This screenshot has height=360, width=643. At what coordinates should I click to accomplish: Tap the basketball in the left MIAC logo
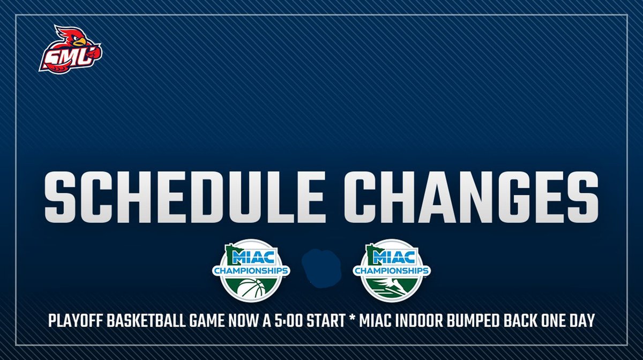pyautogui.click(x=251, y=290)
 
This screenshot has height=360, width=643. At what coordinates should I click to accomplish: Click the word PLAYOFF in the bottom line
pyautogui.click(x=73, y=321)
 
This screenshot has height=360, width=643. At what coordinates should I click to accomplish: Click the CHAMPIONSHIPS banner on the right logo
pyautogui.click(x=391, y=271)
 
